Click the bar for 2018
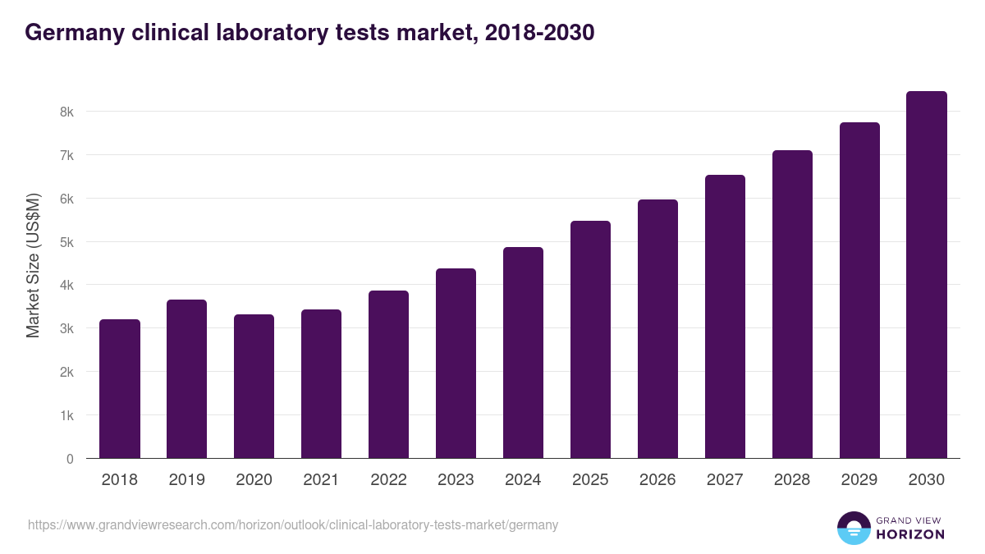[x=120, y=389]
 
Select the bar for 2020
[x=254, y=387]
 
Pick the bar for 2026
[x=657, y=329]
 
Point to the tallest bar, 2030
[x=927, y=275]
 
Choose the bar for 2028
[x=792, y=304]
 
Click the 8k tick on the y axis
[x=65, y=112]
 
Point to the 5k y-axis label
[x=65, y=242]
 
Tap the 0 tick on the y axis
[x=69, y=459]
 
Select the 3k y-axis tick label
[x=65, y=329]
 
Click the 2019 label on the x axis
[x=187, y=480]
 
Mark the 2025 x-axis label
[x=590, y=480]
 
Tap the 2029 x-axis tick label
[x=859, y=480]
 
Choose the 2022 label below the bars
[x=388, y=480]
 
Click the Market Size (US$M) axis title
[x=34, y=266]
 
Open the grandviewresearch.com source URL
[x=293, y=525]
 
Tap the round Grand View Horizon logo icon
[x=853, y=528]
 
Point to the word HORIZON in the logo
[x=910, y=534]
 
